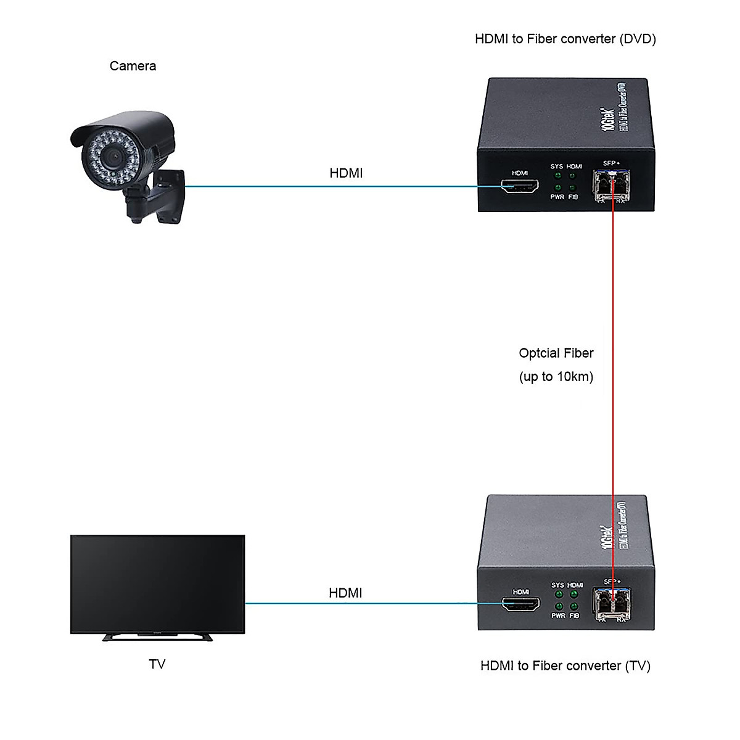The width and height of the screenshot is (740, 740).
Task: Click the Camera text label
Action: [133, 66]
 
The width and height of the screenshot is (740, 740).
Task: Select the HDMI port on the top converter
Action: [519, 186]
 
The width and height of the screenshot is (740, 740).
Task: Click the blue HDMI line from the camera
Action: [333, 186]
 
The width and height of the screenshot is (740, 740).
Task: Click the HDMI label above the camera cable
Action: [346, 173]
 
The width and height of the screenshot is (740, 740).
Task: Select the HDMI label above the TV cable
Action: [345, 593]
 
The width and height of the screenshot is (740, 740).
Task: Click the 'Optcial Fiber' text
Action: [556, 353]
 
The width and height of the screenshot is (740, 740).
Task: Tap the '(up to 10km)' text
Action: [556, 377]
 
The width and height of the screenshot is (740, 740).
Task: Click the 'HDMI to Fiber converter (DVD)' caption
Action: [565, 39]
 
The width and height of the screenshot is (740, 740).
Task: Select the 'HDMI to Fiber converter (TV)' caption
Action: [565, 666]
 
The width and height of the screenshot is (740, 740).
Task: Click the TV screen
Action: [158, 583]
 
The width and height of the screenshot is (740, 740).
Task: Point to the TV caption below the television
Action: [157, 664]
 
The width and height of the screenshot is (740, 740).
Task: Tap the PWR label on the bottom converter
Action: [558, 615]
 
